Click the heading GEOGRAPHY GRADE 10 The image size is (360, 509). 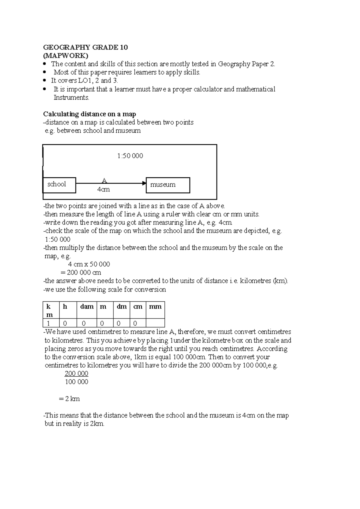85,47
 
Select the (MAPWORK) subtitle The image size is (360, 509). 66,56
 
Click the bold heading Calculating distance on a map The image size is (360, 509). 89,114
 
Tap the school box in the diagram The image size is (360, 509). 59,185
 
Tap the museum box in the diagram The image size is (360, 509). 168,185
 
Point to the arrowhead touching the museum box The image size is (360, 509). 144,183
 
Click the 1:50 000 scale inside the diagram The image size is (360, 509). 130,156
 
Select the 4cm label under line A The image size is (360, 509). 103,190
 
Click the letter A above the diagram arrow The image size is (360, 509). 104,180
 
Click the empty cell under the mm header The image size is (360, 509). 155,323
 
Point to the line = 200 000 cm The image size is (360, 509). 81,273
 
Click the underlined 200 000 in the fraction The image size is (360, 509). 76,374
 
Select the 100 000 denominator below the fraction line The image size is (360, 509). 76,382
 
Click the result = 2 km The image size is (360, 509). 70,399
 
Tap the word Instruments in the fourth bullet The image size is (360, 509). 71,98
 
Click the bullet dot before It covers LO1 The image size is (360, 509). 45,80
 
